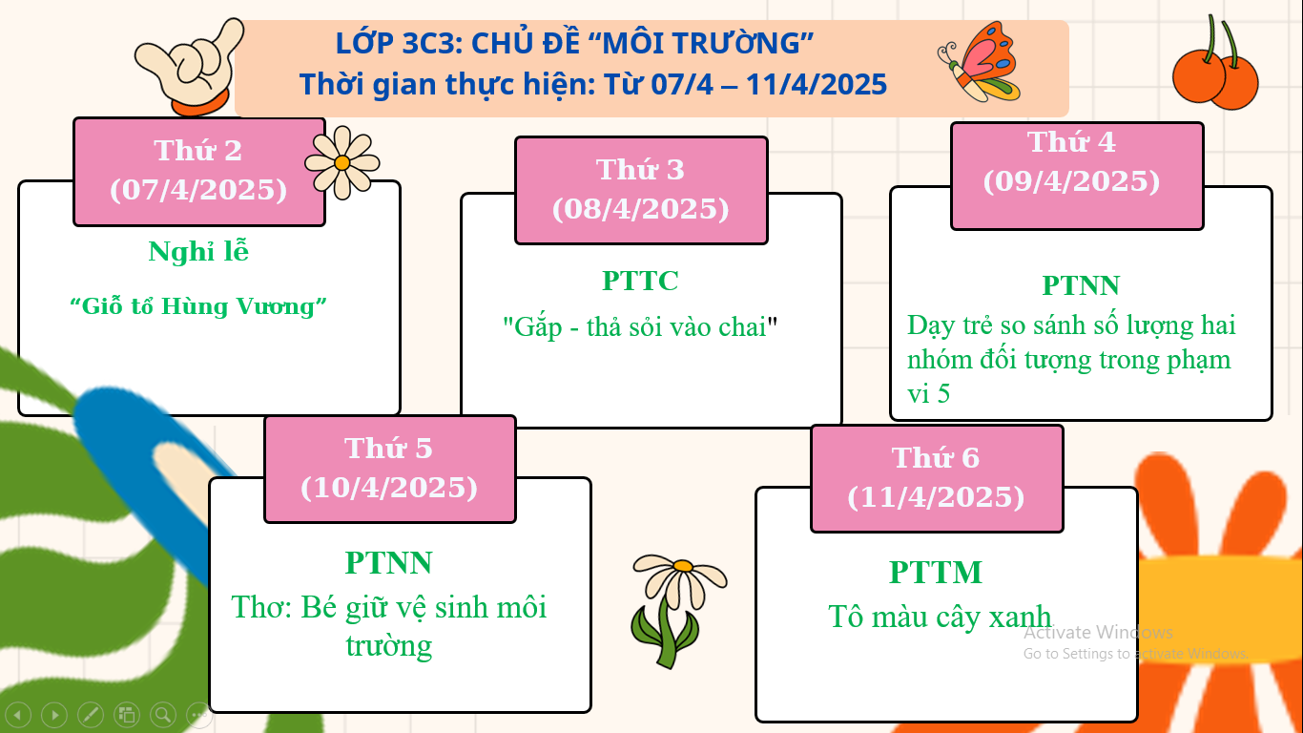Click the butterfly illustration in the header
coord(980,62)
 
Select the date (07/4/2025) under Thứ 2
coord(198,190)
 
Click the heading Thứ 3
coord(640,170)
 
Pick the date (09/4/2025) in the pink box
coord(1071,181)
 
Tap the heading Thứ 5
coord(388,449)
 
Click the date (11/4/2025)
coord(936,497)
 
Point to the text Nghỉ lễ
coord(198,252)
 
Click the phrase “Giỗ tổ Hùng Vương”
coord(198,306)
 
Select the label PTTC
coord(640,281)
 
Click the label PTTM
coord(936,572)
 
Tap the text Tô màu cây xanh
coord(940,617)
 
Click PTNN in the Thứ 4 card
coord(1081,285)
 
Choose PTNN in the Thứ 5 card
coord(388,562)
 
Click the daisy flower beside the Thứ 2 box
coord(342,163)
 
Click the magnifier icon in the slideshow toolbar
coord(163,714)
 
